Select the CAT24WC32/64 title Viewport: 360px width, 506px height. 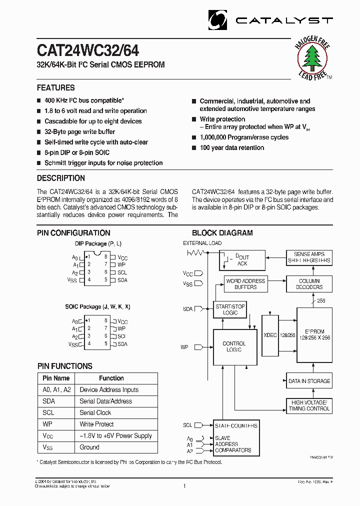click(88, 51)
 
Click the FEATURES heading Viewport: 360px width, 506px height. click(56, 87)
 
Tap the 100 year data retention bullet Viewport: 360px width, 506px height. click(231, 148)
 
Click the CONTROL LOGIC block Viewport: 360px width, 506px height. click(234, 347)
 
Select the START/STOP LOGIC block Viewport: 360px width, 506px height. click(230, 309)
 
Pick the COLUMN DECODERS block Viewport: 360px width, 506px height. click(309, 284)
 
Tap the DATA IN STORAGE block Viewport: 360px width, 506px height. click(309, 381)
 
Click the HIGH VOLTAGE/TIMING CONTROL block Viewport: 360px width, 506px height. click(309, 405)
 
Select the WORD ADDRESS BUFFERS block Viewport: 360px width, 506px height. click(245, 284)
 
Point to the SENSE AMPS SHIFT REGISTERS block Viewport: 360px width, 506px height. click(309, 257)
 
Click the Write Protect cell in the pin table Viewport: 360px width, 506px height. click(96, 424)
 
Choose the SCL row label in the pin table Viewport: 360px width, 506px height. click(48, 412)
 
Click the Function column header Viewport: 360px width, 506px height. click(111, 378)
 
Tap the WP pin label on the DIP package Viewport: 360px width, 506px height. click(121, 265)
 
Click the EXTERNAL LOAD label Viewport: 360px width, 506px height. click(202, 243)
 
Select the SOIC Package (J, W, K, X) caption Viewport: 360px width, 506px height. click(97, 306)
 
